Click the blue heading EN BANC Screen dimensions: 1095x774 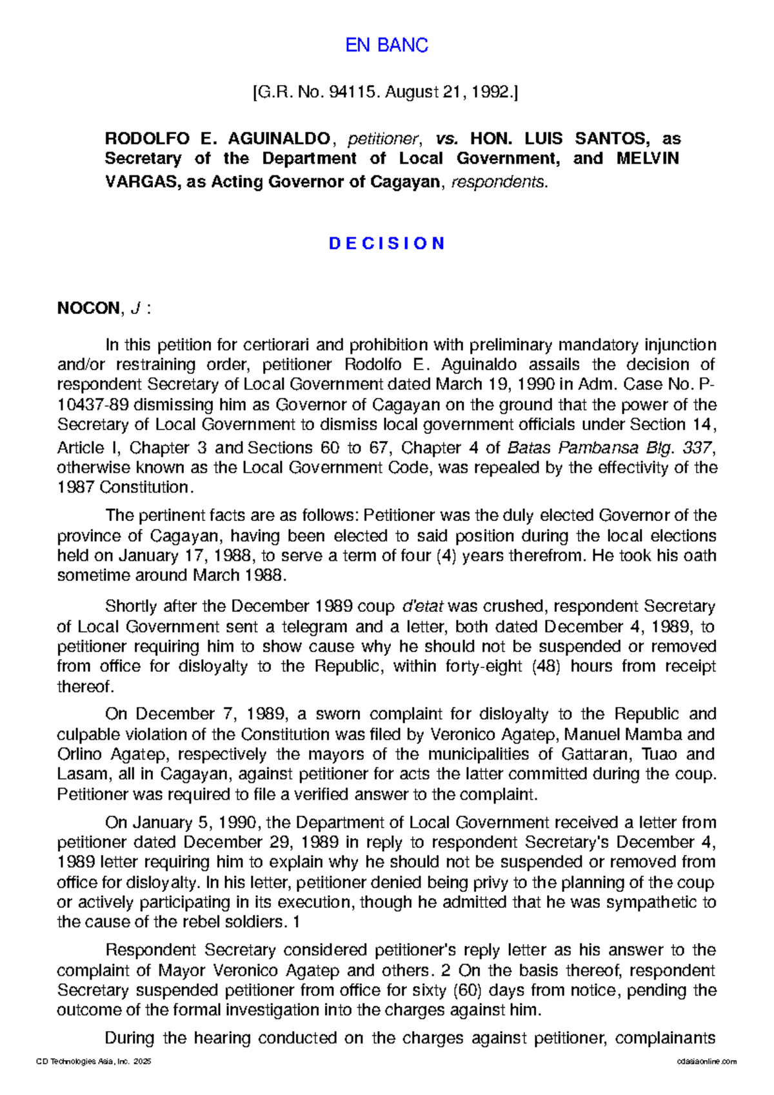[x=386, y=45]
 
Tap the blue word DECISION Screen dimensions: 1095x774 [x=386, y=243]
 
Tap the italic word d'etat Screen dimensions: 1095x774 [x=422, y=606]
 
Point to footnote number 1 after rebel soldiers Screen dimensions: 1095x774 [x=296, y=922]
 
